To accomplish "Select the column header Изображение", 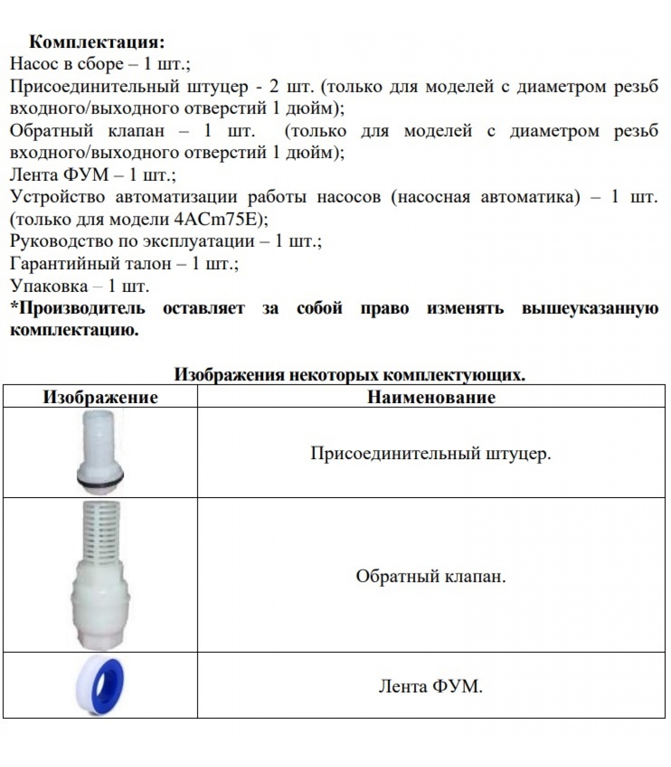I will [x=100, y=397].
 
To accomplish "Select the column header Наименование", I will [x=431, y=397].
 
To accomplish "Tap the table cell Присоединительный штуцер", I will [x=430, y=453].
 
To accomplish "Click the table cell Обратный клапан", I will [x=430, y=576].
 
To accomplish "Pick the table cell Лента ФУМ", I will [x=430, y=686].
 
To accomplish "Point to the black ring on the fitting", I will [x=100, y=477].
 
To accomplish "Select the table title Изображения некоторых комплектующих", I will [x=349, y=374].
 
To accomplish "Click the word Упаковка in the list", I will [x=49, y=286].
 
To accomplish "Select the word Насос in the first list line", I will [x=33, y=64].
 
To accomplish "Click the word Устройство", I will [x=58, y=197].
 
